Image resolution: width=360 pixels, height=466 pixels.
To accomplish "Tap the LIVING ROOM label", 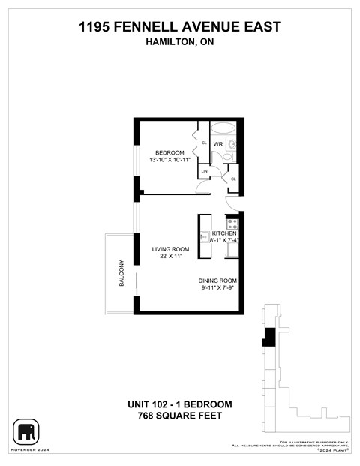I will pos(171,249).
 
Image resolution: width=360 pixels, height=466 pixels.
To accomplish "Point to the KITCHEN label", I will pos(224,233).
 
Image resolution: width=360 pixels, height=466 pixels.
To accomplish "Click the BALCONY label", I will pos(120,273).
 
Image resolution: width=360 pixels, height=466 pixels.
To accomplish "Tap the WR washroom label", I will pos(218,143).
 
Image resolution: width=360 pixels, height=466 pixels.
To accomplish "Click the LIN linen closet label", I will pos(203,172).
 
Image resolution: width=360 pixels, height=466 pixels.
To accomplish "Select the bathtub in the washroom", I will pos(223,128).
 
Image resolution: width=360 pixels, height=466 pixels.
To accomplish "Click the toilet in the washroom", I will pos(232,143).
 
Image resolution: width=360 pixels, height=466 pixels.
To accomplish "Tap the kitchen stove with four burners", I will pos(232,223).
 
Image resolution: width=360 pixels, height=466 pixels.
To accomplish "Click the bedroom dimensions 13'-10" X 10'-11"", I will pos(169,160).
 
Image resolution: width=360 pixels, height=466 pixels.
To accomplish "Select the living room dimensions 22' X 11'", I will pos(171,257).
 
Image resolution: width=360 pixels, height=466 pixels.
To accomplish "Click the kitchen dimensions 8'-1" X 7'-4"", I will pos(224,241).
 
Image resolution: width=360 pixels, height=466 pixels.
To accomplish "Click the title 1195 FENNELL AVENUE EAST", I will pos(180,28).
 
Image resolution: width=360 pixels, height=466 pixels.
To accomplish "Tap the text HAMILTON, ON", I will pos(180,43).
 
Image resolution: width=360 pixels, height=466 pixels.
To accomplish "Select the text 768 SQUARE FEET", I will pos(179,415).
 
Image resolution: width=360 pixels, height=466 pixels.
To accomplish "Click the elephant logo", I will pos(26,431).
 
